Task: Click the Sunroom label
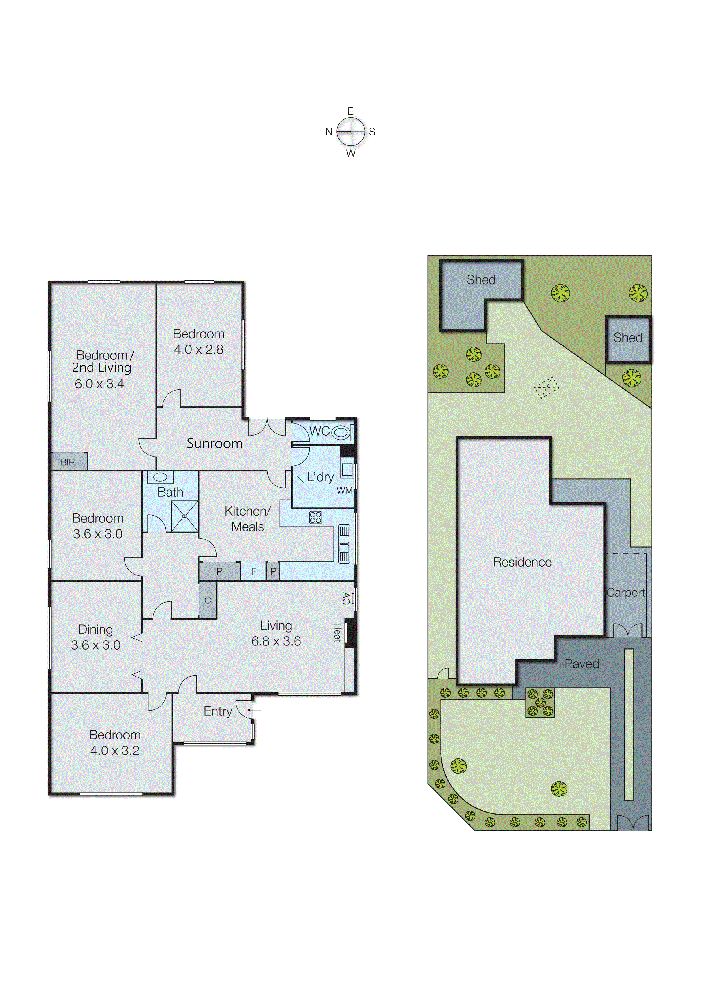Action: [x=214, y=444]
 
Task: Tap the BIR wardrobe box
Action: [x=68, y=462]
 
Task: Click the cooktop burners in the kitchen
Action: [x=315, y=518]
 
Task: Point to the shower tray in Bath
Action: [x=185, y=516]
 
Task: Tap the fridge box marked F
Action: [x=253, y=571]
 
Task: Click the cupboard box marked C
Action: [x=208, y=600]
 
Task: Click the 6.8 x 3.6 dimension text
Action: [x=276, y=641]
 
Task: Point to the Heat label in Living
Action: [x=337, y=633]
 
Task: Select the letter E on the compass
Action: [x=351, y=111]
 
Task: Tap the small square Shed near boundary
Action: [x=628, y=338]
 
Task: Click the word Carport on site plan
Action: [x=626, y=593]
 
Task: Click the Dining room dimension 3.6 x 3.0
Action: [x=95, y=645]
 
